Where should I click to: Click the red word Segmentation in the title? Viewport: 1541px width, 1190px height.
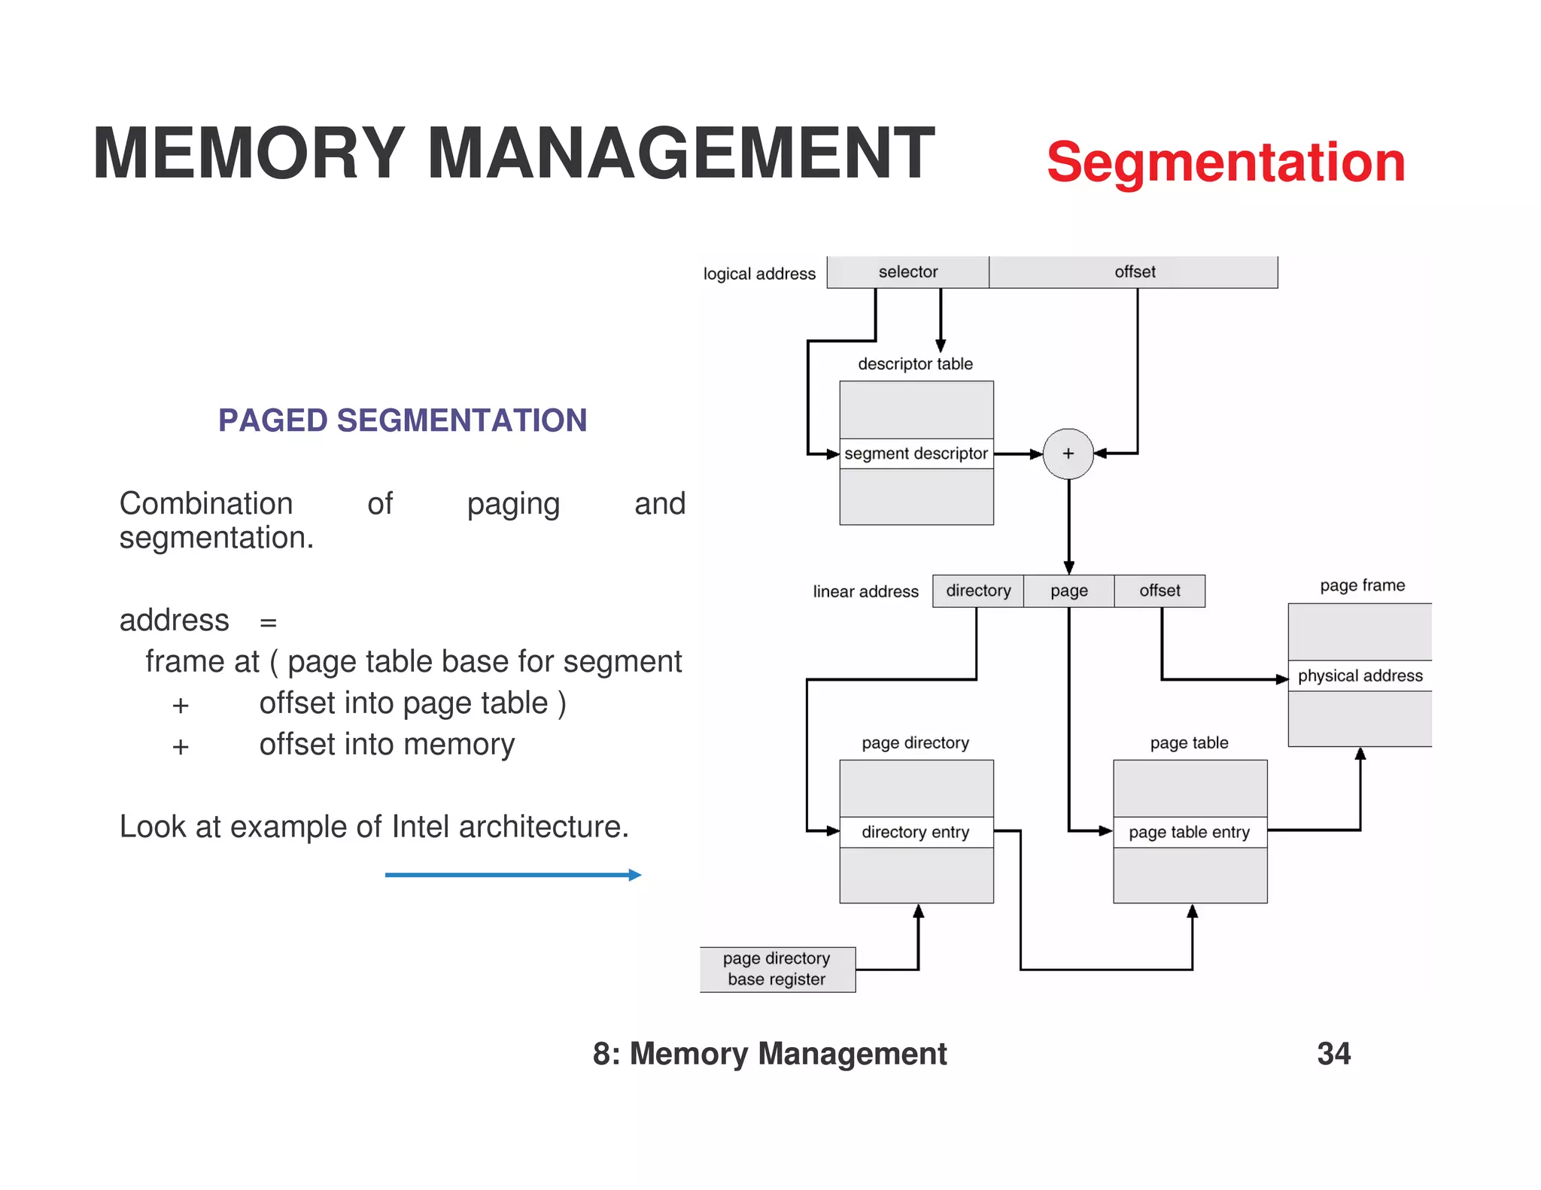[x=1225, y=162]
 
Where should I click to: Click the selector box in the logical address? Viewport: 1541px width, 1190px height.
[x=907, y=272]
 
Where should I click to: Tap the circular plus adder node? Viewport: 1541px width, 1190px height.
[x=1068, y=454]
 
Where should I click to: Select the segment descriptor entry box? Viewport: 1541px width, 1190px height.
[x=916, y=454]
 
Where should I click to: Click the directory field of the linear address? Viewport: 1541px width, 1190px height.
[x=977, y=591]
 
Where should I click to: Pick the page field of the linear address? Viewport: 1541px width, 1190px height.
[x=1068, y=591]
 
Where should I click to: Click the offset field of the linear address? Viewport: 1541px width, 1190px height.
[x=1160, y=591]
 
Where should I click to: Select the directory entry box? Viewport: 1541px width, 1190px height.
[x=916, y=832]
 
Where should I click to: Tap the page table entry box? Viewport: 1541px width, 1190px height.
[x=1190, y=832]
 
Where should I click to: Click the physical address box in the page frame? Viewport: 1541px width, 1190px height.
[x=1360, y=675]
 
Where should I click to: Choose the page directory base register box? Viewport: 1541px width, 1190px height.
[x=777, y=969]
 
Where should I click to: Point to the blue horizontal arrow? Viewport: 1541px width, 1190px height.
[x=512, y=875]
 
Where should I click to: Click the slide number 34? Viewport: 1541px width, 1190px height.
[x=1333, y=1053]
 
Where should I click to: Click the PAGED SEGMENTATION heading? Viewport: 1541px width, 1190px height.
[x=403, y=420]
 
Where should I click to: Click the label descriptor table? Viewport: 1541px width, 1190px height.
[x=915, y=364]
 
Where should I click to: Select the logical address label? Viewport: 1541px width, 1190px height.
[x=758, y=274]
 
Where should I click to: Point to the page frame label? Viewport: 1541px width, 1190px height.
[x=1362, y=585]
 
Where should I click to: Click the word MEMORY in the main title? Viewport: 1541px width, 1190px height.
[x=248, y=153]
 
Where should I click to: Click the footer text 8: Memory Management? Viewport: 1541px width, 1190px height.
[x=769, y=1053]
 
